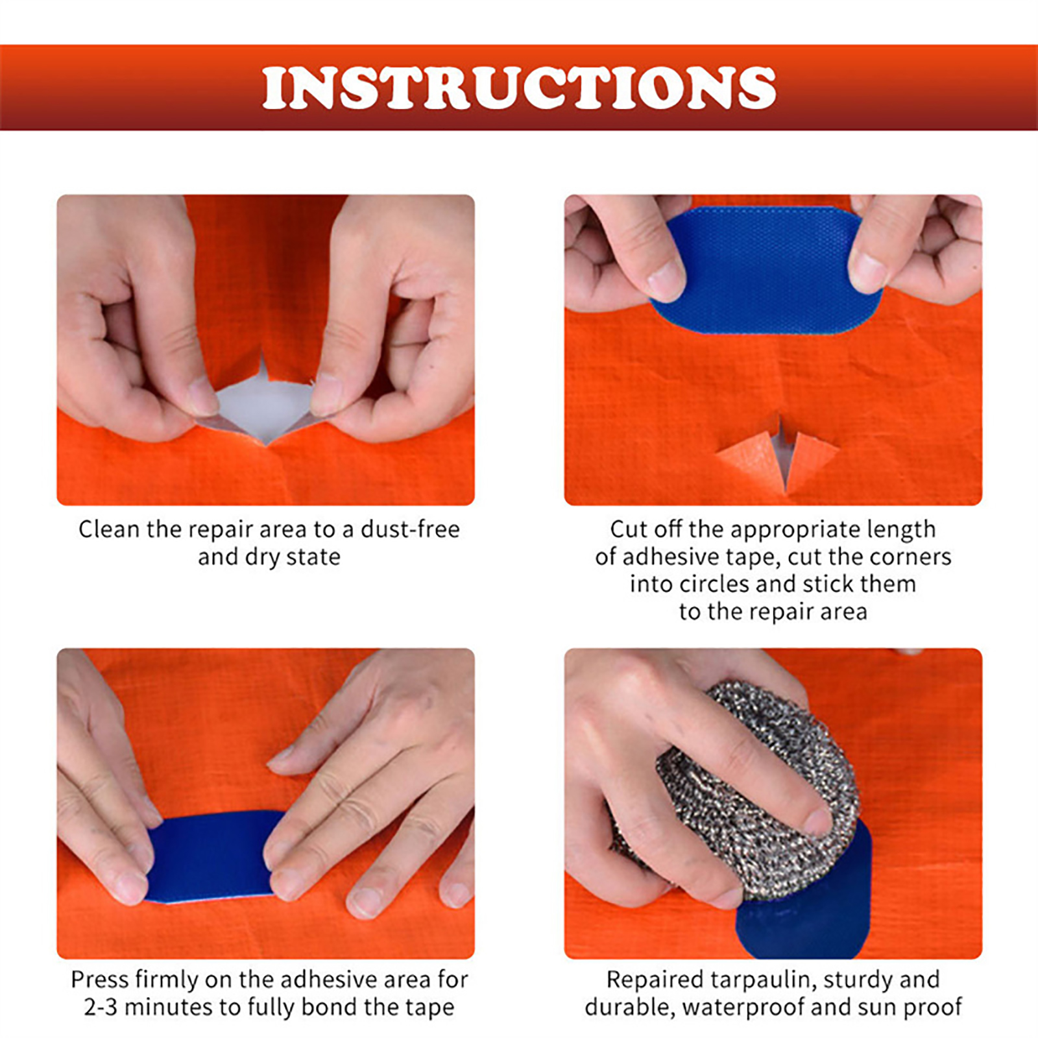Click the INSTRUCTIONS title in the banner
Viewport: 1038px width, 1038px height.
[519, 88]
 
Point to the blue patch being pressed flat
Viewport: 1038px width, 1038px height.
[211, 856]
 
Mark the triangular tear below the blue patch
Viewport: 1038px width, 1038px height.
[779, 454]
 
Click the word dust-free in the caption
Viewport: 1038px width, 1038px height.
[410, 529]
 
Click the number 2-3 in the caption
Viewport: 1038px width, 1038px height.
[101, 1007]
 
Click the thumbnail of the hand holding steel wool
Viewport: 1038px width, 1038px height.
[773, 803]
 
